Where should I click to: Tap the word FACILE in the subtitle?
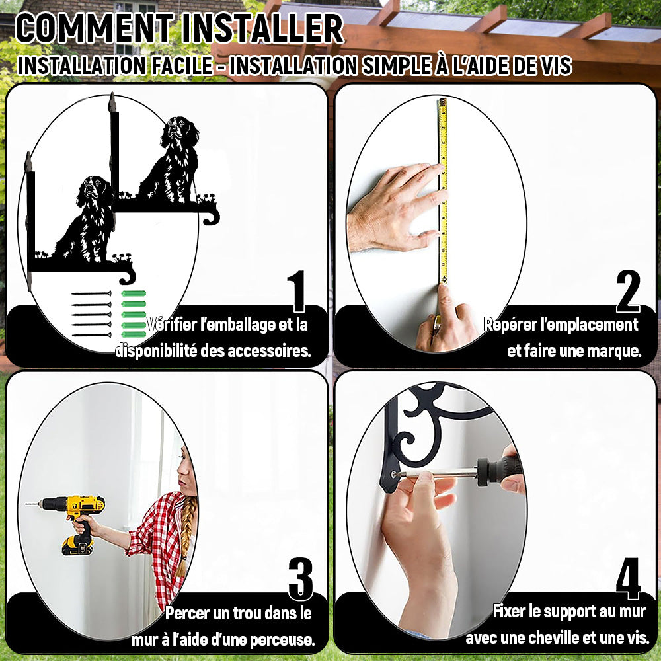pos(182,65)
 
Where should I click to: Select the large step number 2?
pos(628,291)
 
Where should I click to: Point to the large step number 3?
pos(301,579)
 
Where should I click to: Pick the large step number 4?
pos(628,578)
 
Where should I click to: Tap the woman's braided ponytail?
pos(186,535)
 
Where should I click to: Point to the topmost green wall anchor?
pos(134,293)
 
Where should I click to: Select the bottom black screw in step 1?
pos(91,335)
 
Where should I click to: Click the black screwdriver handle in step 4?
pos(500,469)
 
